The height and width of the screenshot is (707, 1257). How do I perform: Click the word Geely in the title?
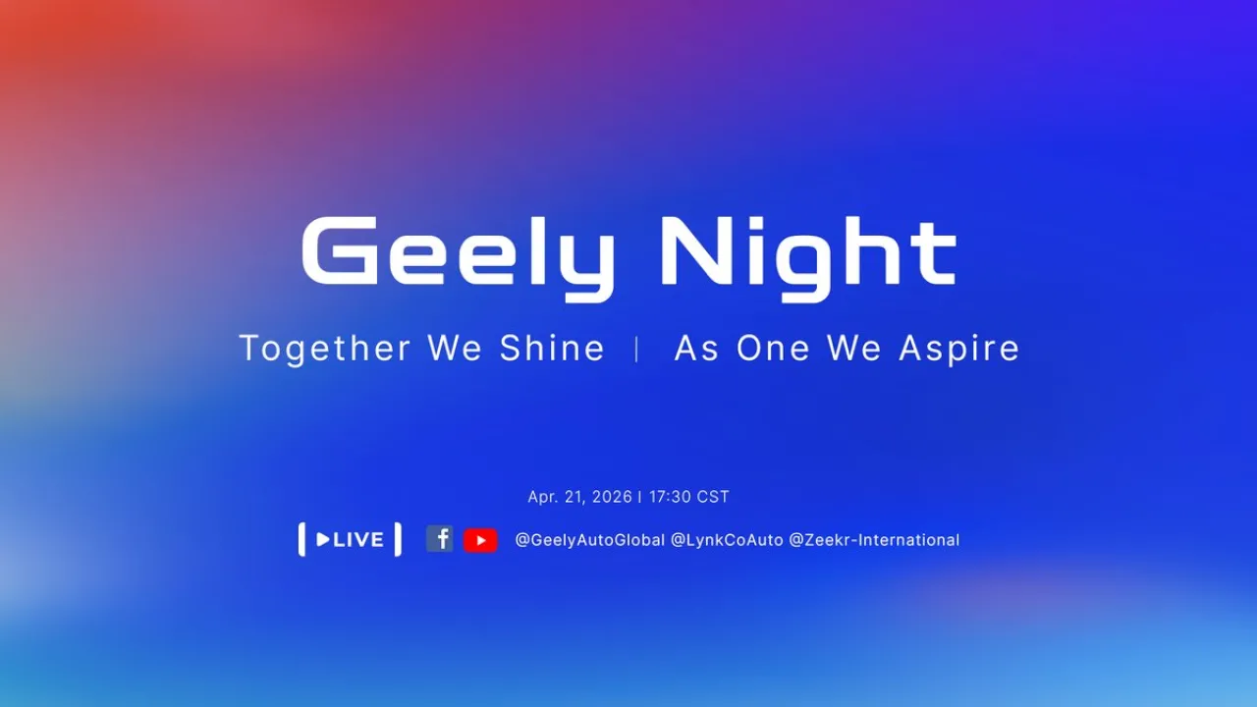click(x=458, y=253)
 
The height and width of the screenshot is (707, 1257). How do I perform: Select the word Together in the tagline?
click(x=325, y=349)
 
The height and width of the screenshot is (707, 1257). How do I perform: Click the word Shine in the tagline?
click(x=552, y=349)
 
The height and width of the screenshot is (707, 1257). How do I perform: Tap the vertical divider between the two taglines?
click(x=637, y=349)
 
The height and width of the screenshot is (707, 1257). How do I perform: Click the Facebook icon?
click(x=440, y=538)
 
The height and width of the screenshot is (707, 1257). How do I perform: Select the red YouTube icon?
click(x=480, y=540)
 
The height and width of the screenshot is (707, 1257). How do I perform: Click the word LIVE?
click(x=358, y=540)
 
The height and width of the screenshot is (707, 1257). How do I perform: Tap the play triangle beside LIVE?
click(x=323, y=540)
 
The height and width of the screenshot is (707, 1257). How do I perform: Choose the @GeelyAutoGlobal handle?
click(x=589, y=540)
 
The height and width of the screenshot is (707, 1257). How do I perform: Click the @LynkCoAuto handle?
click(x=727, y=540)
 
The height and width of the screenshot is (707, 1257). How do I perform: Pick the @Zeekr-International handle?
click(x=874, y=540)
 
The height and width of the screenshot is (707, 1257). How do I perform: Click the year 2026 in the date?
click(x=612, y=497)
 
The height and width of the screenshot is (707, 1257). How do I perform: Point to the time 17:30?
click(x=670, y=497)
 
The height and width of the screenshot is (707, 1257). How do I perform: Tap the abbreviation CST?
click(x=713, y=497)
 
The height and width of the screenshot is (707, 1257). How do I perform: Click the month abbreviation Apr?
click(x=542, y=497)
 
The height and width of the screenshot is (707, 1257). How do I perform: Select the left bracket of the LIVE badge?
click(x=301, y=540)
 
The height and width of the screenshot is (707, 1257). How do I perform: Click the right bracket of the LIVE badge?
click(x=398, y=540)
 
